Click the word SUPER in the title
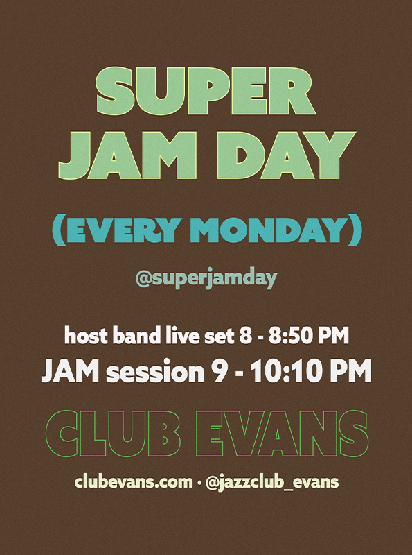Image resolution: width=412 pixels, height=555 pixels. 206,91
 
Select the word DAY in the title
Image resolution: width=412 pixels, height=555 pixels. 286,155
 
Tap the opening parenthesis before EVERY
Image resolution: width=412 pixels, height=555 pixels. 59,230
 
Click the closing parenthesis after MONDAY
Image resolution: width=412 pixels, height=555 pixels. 355,230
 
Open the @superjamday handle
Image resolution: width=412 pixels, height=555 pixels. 206,279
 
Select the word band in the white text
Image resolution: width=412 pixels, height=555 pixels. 137,336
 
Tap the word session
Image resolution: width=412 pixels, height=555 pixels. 155,372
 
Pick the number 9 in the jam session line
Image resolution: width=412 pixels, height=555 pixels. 219,371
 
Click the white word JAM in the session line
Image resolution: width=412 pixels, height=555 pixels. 71,371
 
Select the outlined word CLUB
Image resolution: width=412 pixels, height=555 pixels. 113,434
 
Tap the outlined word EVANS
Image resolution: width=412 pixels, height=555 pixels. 283,434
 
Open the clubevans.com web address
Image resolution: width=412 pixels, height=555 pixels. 134,482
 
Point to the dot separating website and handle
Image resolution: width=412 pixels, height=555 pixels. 199,483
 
